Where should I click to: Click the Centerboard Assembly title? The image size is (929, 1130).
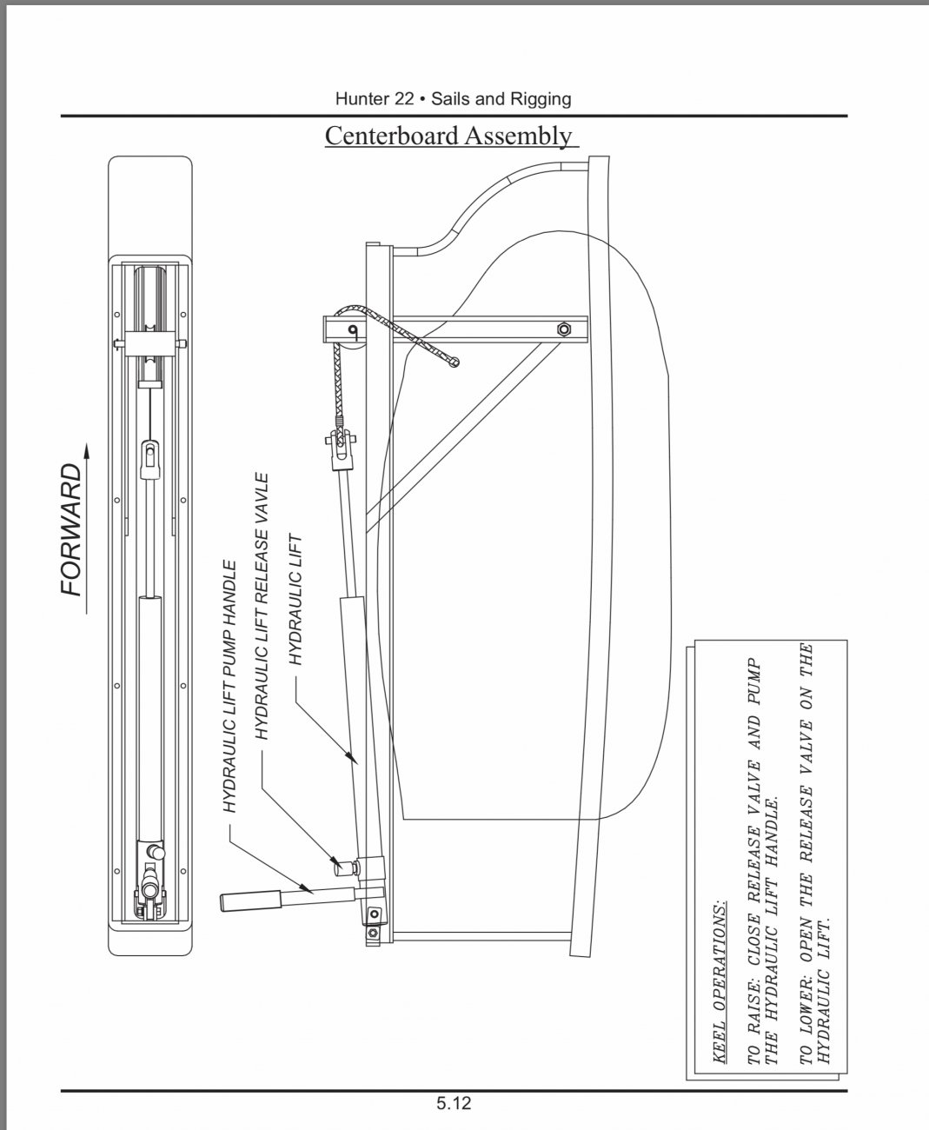452,136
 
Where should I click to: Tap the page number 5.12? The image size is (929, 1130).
454,1103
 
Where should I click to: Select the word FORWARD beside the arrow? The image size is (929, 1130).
71,529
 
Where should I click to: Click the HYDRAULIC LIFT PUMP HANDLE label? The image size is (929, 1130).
229,687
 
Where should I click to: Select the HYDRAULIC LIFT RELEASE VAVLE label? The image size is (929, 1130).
261,606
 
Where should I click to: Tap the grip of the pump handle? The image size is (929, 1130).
250,901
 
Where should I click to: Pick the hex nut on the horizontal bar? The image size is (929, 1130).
564,329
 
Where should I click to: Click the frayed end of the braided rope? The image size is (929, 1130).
455,362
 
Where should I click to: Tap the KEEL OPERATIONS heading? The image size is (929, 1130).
720,981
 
